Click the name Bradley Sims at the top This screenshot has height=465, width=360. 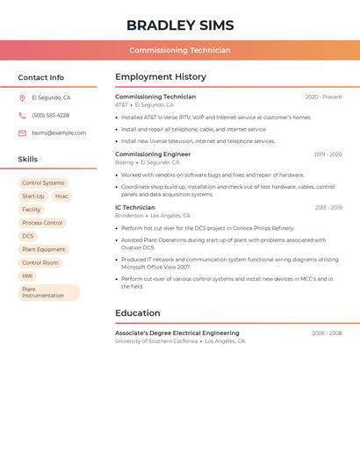tap(179, 25)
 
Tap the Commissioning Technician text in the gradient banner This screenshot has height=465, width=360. tap(179, 50)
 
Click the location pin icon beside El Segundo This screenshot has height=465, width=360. tap(22, 98)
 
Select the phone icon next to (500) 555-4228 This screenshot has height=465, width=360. tap(22, 116)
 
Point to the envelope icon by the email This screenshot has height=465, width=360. tap(22, 133)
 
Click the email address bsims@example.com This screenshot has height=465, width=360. tap(59, 133)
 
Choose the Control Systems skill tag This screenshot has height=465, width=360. tap(43, 183)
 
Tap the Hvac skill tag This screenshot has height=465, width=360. tap(61, 197)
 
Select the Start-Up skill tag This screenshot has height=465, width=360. tap(33, 197)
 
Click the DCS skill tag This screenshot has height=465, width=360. tap(28, 236)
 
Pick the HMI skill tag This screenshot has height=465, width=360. tap(28, 275)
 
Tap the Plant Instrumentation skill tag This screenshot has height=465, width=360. tap(48, 292)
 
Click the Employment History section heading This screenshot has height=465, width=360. tap(161, 77)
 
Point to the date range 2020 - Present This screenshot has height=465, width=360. tap(323, 97)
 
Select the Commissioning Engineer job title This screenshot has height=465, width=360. tap(153, 154)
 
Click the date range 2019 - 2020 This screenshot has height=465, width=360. tap(328, 154)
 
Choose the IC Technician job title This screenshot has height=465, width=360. tap(135, 208)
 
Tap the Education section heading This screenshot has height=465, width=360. tap(138, 313)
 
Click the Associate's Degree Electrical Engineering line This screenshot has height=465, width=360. tap(177, 333)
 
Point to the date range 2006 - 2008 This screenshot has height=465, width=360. tap(327, 333)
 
